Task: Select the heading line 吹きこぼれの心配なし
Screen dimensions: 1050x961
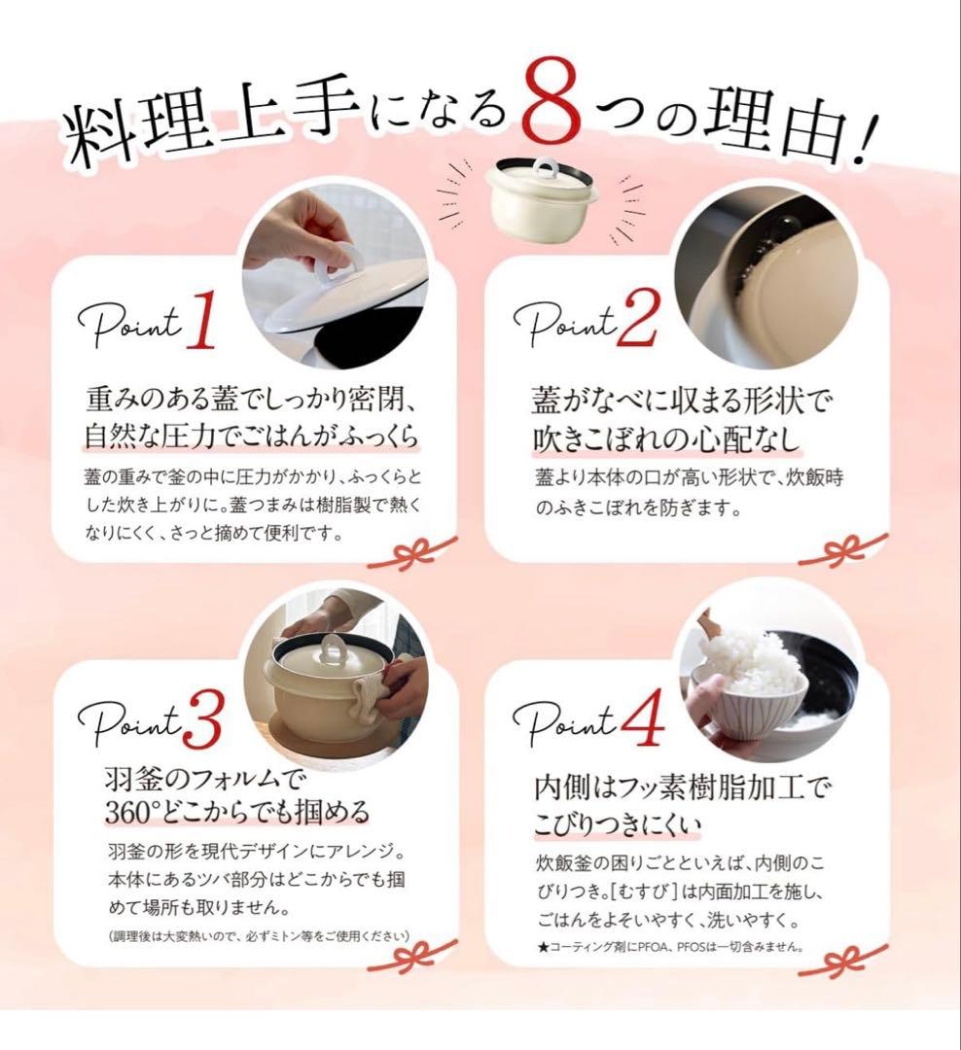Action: click(x=667, y=438)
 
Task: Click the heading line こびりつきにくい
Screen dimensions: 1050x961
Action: click(x=618, y=825)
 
